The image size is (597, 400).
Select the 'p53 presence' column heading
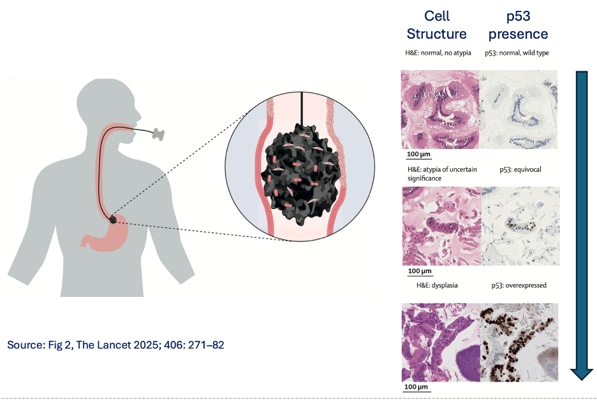coord(518,25)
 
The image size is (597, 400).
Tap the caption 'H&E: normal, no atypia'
coord(438,53)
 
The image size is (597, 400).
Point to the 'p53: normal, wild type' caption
coord(517,53)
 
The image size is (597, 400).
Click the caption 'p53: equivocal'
coord(520,171)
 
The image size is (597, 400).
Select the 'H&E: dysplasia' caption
coord(432,285)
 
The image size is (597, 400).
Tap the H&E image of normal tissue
coord(439,110)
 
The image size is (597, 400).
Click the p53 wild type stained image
coord(518,110)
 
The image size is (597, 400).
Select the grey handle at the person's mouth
coord(158,134)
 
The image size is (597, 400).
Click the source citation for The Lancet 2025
coord(115,345)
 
